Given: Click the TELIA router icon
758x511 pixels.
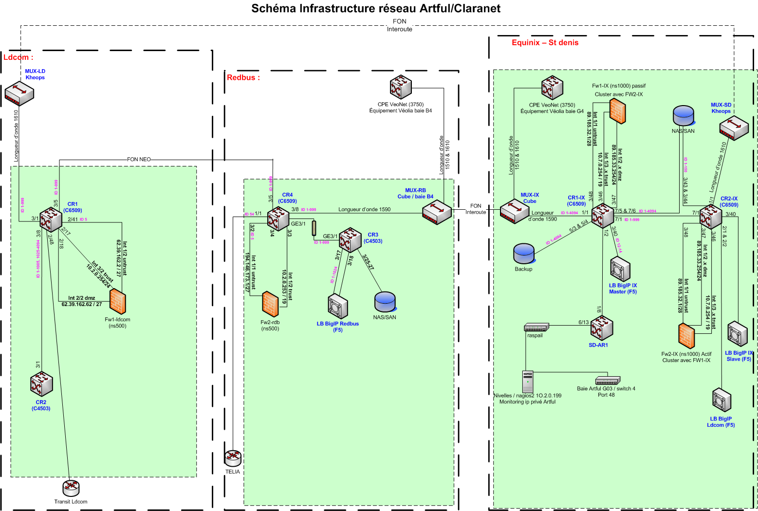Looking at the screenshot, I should coord(233,457).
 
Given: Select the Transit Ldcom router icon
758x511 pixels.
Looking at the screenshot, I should coord(71,488).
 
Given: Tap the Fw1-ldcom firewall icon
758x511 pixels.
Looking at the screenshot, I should coord(117,301).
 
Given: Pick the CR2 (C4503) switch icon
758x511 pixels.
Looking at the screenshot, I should coord(41,384).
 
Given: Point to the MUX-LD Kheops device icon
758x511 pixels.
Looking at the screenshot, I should coord(19,94).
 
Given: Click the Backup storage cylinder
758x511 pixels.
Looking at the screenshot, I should coord(524,254).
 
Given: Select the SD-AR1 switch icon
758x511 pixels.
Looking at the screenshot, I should coord(601,328).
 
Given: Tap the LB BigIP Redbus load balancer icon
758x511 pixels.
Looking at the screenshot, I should coord(337,307).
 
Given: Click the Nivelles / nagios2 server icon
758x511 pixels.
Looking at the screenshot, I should coord(528,382).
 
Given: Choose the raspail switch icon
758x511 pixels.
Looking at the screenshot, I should coord(536,327).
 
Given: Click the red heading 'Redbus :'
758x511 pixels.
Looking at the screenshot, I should coord(243,77).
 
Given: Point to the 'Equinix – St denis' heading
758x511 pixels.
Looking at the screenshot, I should coord(545,43).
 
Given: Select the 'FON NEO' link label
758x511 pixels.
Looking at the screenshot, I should coord(139,159).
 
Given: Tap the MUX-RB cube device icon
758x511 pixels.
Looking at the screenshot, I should coord(437,212).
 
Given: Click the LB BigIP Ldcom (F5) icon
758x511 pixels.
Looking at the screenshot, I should coord(721,401).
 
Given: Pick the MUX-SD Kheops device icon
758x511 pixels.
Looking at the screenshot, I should coord(734,128).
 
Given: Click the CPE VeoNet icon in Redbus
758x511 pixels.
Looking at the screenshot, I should coord(401,88).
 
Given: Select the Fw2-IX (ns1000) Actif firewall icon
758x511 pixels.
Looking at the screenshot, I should coord(686,336).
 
